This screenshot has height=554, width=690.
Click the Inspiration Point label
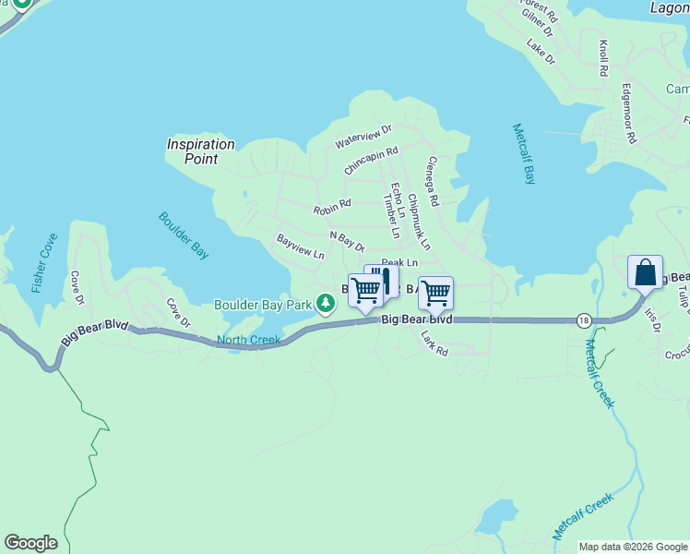[x=200, y=151]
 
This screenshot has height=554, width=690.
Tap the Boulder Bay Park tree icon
[x=325, y=303]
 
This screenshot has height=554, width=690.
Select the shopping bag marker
[x=645, y=272]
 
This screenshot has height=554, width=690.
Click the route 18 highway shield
[x=583, y=320]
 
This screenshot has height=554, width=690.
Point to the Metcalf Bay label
[x=524, y=153]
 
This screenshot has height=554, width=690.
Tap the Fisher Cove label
[x=42, y=262]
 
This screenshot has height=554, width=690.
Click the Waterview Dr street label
[x=363, y=138]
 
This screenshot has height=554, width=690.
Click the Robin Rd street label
[x=332, y=208]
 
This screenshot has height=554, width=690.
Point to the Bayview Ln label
[x=300, y=246]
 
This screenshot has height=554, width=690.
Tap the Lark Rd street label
[x=434, y=344]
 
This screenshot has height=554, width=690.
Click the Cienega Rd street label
[x=431, y=180]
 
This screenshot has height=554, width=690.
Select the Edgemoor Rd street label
[x=629, y=114]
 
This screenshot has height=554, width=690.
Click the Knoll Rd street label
[x=603, y=57]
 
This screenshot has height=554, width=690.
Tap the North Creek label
[x=248, y=341]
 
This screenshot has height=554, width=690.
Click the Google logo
[x=30, y=543]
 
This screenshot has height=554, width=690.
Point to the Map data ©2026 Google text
[x=633, y=547]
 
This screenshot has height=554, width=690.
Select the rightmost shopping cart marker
[x=435, y=294]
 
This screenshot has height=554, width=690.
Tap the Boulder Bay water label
[x=184, y=235]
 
